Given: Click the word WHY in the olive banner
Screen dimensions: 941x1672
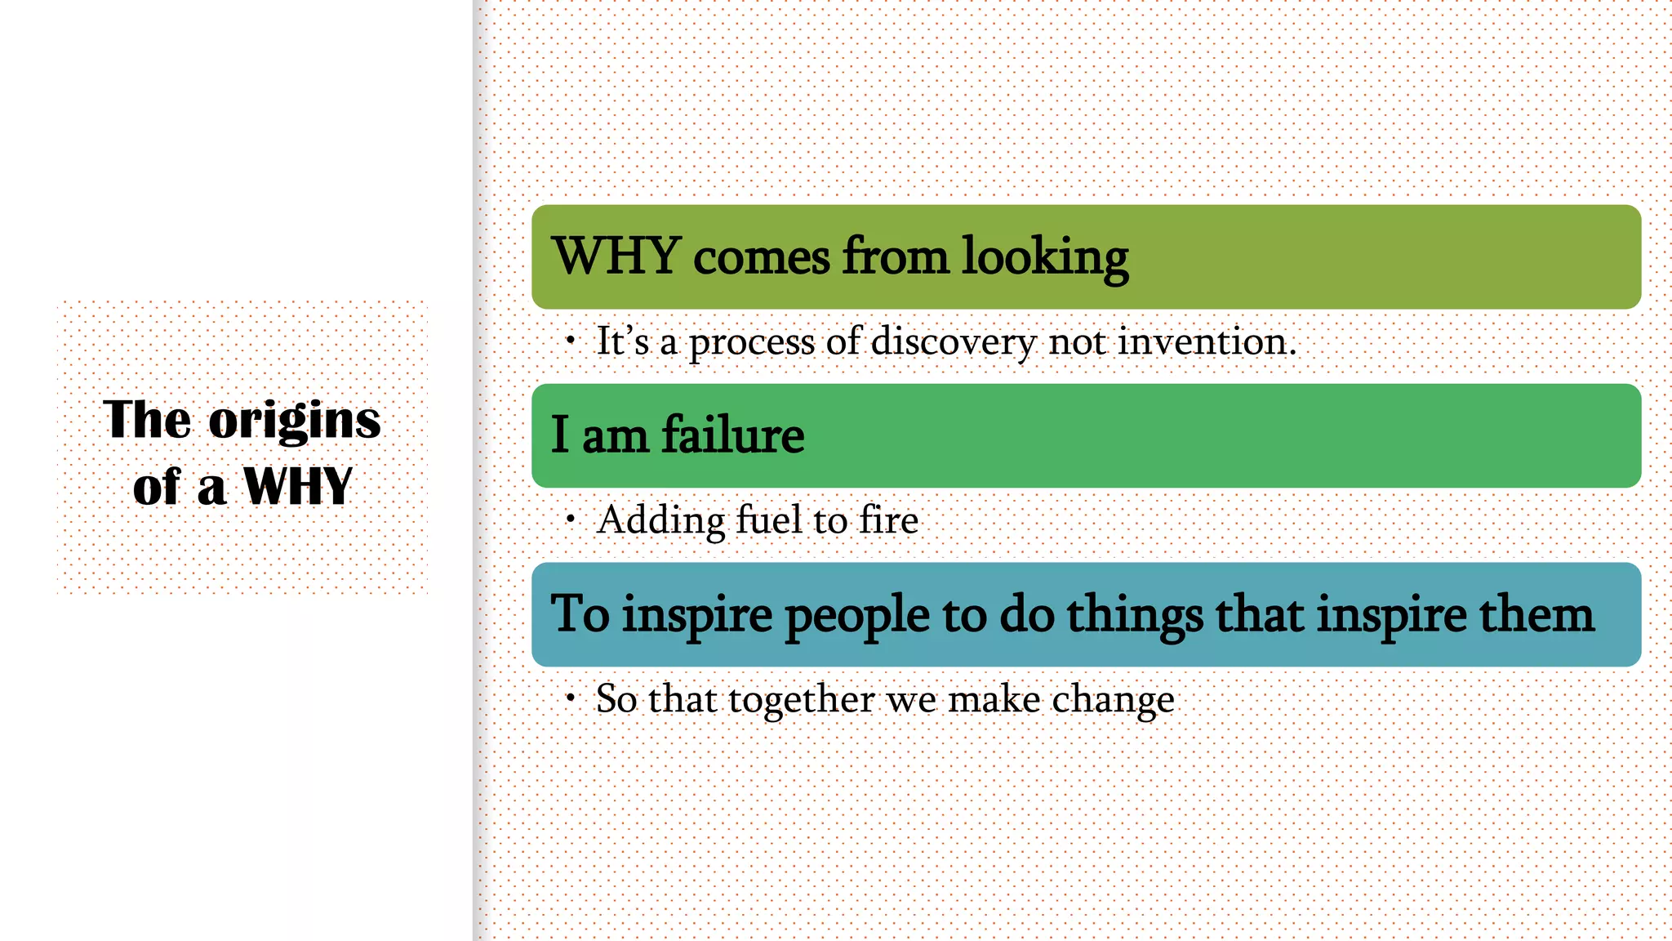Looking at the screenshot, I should click(x=617, y=256).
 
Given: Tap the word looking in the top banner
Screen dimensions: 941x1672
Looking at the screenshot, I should click(x=1045, y=257).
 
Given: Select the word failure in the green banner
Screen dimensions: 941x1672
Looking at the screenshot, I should click(x=732, y=435).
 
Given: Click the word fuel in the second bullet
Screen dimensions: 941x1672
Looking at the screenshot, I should click(x=769, y=520).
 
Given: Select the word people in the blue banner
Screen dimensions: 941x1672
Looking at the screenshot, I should click(x=857, y=615).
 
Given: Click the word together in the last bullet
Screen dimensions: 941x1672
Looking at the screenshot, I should click(x=801, y=699).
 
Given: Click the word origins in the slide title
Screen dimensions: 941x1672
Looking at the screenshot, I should click(x=295, y=421).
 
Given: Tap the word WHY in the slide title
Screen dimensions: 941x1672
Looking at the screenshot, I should click(x=298, y=487).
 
